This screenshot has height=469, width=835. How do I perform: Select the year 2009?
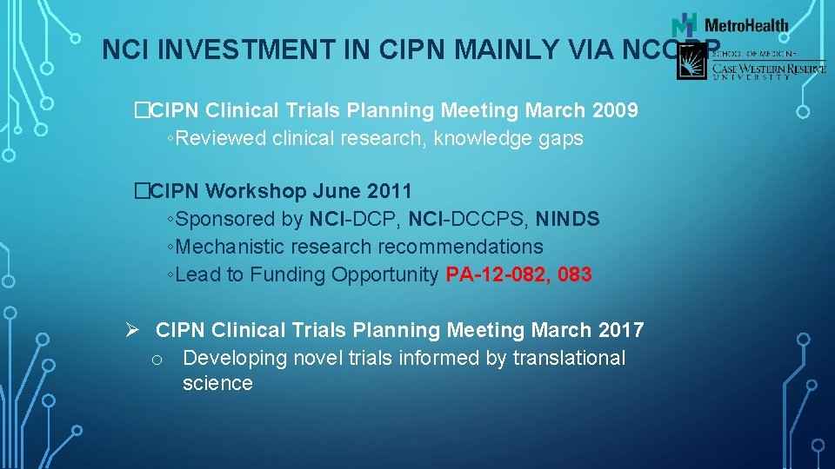[614, 111]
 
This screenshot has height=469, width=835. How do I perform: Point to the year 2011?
[388, 190]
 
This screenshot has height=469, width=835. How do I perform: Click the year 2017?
[621, 330]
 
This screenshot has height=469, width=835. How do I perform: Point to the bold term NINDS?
[567, 219]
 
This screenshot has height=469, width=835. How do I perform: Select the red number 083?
[574, 275]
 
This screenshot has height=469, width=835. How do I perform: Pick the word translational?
[569, 358]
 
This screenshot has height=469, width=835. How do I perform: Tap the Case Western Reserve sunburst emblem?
[693, 62]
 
